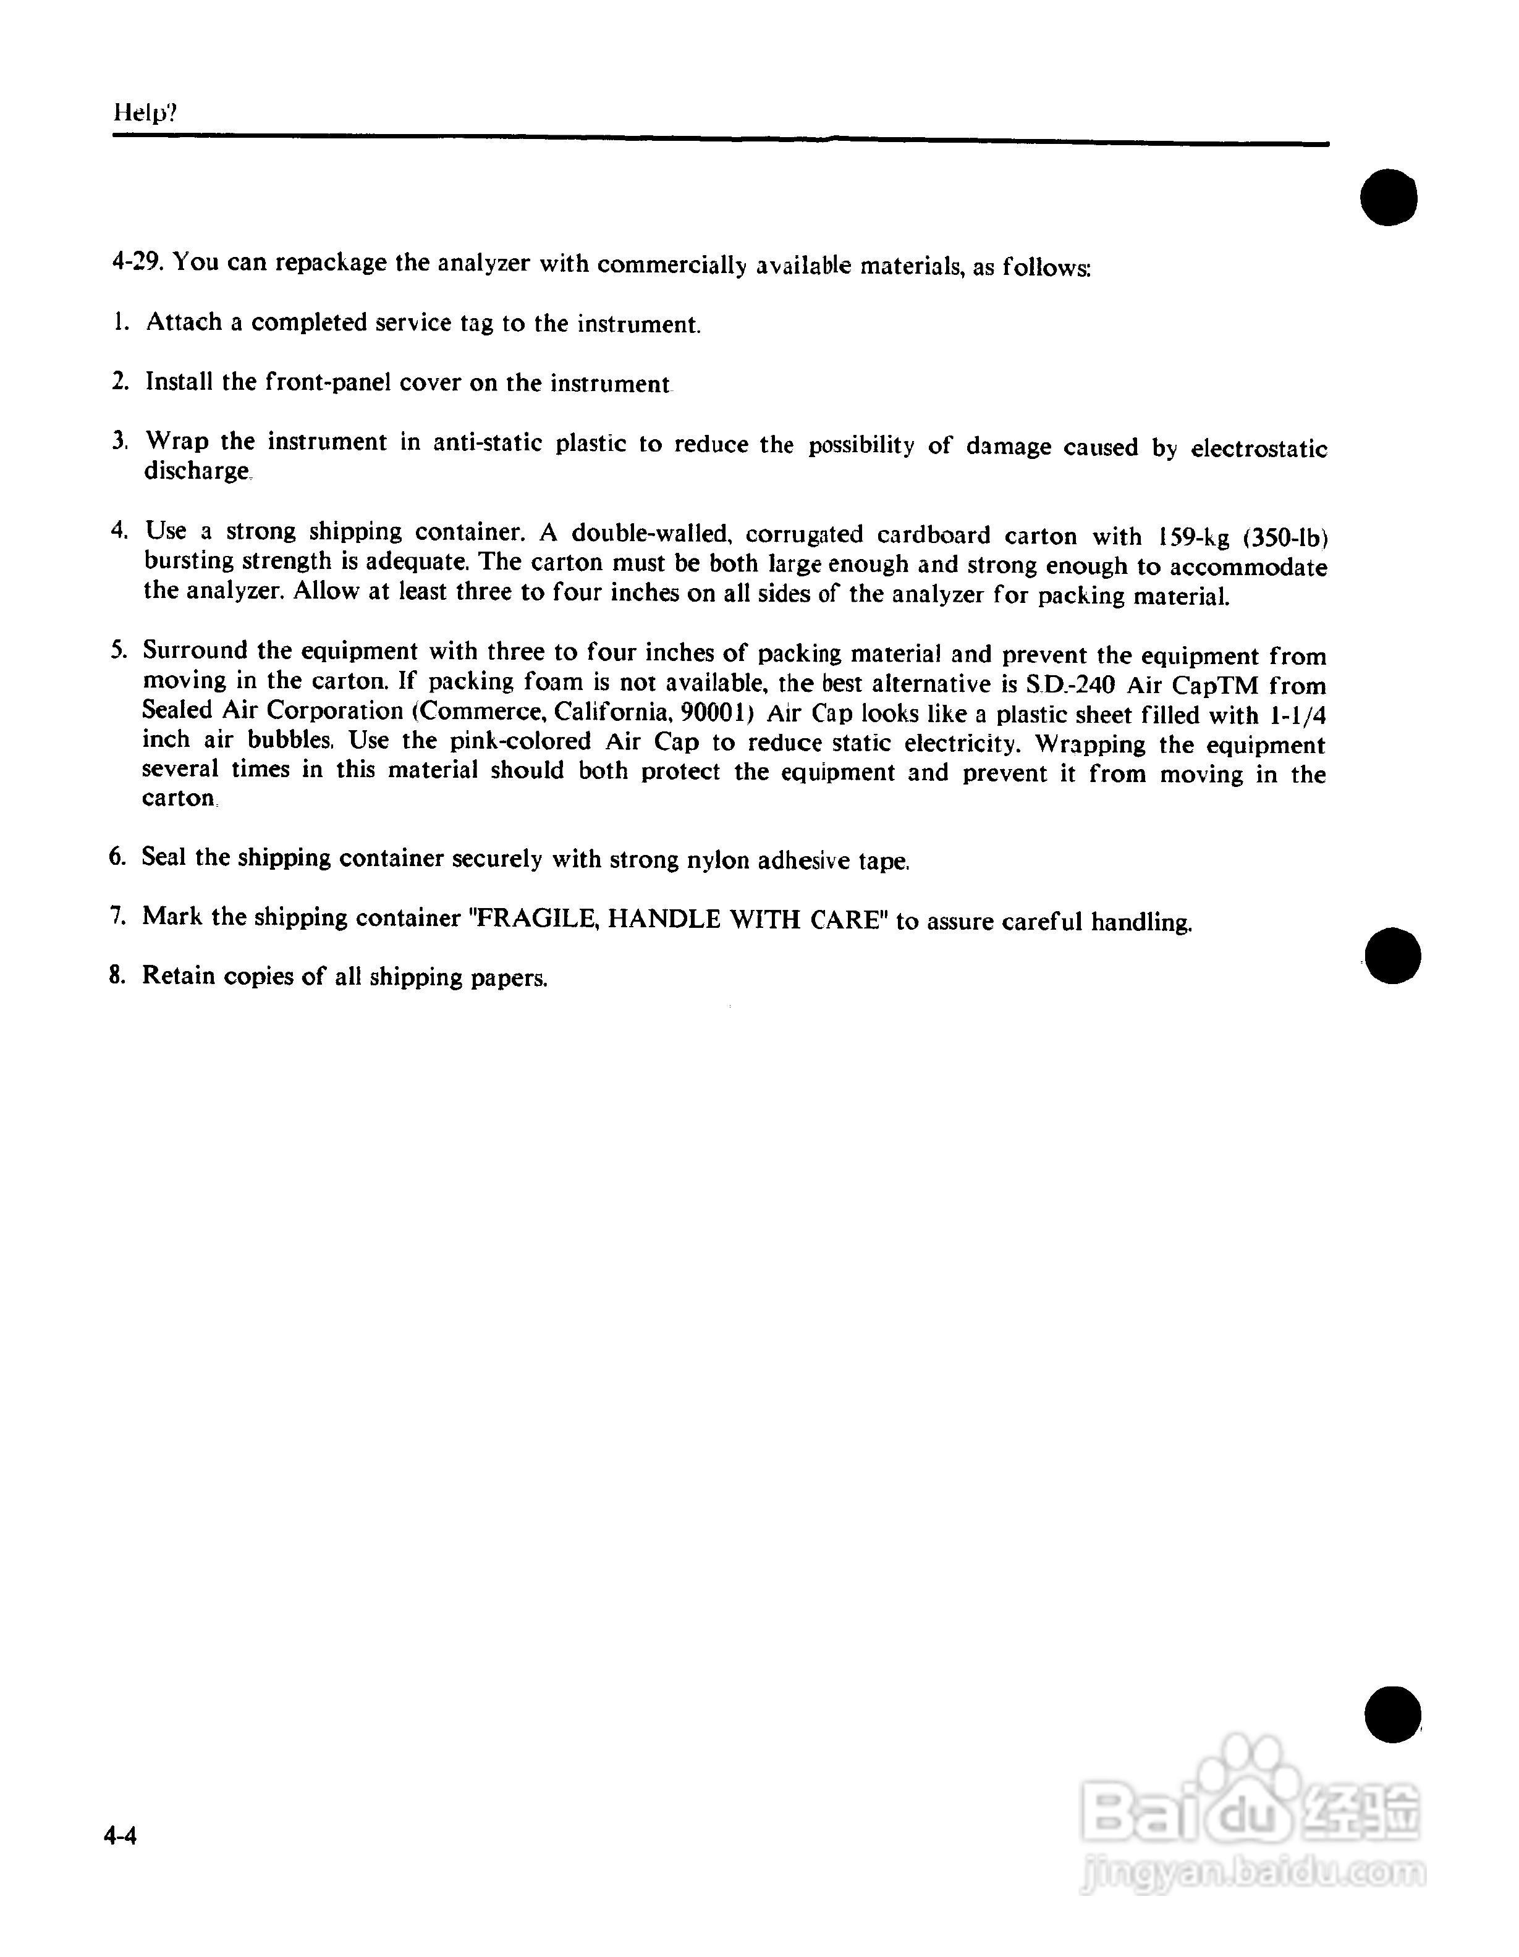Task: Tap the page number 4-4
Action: [120, 1837]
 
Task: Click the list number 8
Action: [117, 975]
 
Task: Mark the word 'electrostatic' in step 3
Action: [1258, 448]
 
